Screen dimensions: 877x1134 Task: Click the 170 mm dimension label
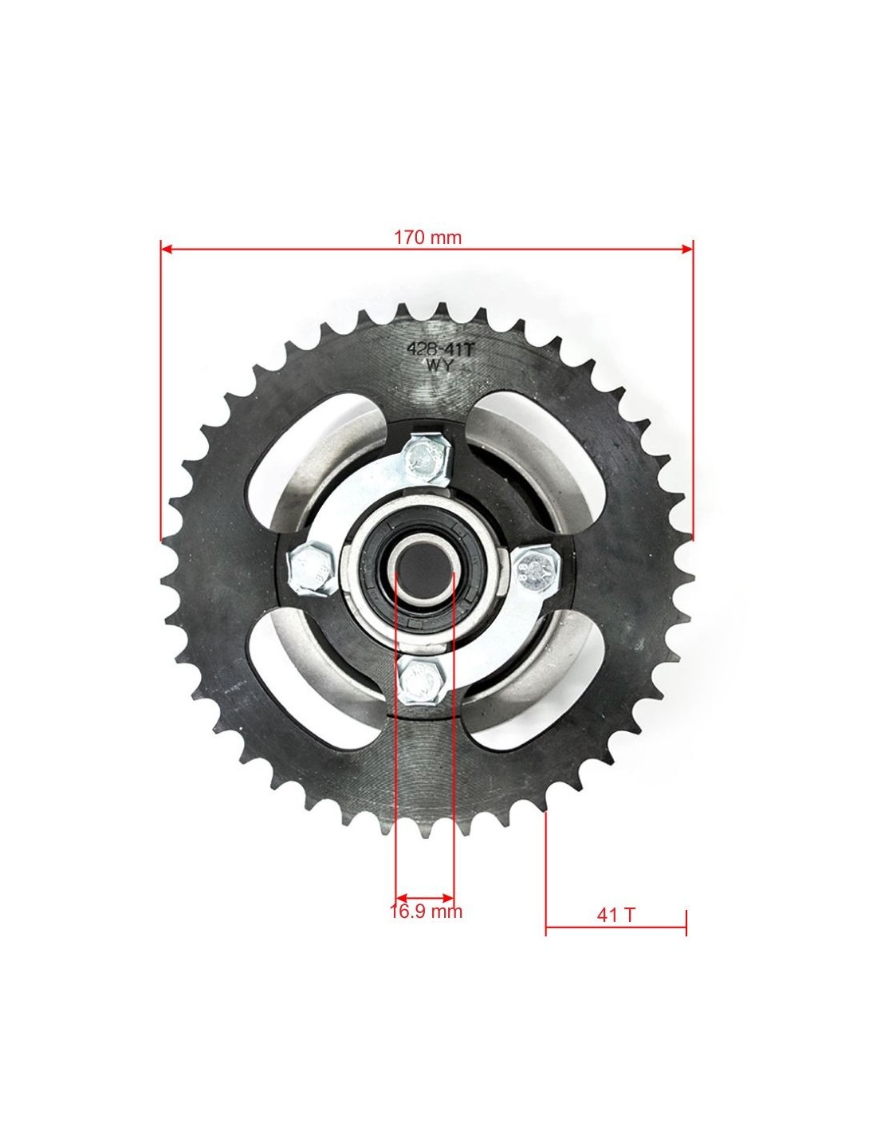[x=427, y=238]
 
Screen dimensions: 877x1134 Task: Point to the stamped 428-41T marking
[x=441, y=349]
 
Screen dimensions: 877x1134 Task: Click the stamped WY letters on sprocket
[x=441, y=365]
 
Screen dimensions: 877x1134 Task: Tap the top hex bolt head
[x=428, y=460]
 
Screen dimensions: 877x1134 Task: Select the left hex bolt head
[x=312, y=570]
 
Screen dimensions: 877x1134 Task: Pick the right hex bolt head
[x=537, y=567]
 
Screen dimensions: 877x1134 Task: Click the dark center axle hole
[x=423, y=569]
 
